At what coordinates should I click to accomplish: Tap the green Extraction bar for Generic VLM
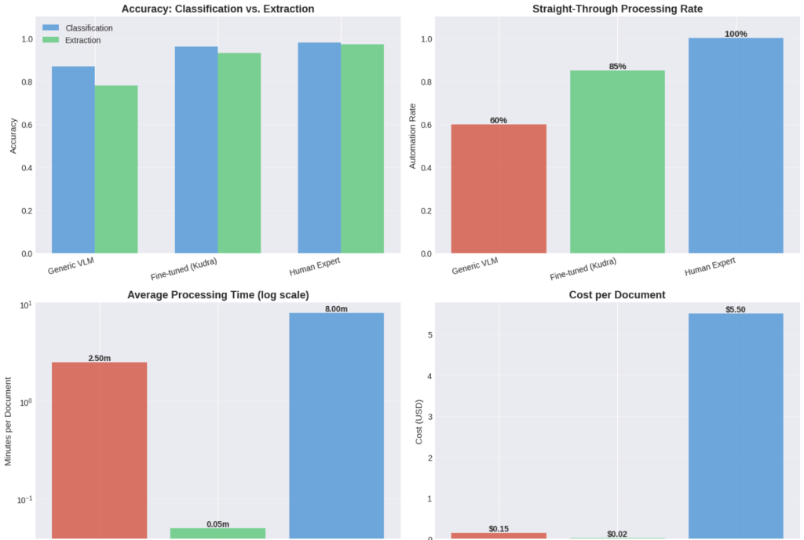coord(116,169)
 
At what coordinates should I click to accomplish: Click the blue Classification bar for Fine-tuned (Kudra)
coord(196,150)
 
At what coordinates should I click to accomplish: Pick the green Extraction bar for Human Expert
coord(362,148)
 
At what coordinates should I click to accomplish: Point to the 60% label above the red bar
coord(498,120)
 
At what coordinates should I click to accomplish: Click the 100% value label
coord(736,34)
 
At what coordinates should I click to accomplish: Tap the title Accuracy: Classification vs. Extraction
coord(218,9)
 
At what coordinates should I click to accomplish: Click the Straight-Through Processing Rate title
coord(617,9)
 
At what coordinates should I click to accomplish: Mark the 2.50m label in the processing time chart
coord(100,358)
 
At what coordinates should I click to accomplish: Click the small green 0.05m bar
coord(217,533)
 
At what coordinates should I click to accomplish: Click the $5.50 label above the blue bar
coord(736,309)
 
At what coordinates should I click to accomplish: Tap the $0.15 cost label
coord(498,528)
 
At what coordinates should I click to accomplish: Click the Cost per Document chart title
coord(617,294)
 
